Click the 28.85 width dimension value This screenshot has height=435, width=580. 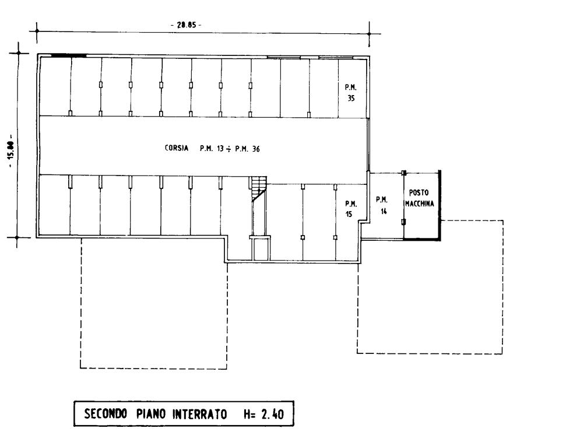(187, 25)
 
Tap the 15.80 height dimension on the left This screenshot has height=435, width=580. (10, 150)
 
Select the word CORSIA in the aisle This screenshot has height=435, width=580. (177, 148)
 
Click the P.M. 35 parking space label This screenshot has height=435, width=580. (351, 93)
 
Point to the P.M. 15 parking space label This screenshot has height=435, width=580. (351, 209)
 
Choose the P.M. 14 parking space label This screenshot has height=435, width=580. (382, 205)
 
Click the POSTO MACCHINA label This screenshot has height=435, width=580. (419, 198)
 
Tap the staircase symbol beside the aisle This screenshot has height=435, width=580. (259, 189)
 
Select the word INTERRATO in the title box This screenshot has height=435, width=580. (200, 414)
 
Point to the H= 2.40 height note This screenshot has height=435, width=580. (263, 414)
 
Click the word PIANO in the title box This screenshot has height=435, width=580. (150, 413)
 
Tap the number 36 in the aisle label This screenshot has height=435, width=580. (255, 149)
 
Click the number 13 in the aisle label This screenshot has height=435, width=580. (220, 149)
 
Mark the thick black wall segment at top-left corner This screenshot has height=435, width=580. (68, 56)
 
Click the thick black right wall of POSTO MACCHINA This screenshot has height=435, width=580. (440, 205)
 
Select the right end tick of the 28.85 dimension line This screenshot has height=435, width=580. (369, 34)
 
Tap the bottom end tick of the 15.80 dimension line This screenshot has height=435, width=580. (17, 237)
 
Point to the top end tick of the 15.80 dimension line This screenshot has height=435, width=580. (19, 53)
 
